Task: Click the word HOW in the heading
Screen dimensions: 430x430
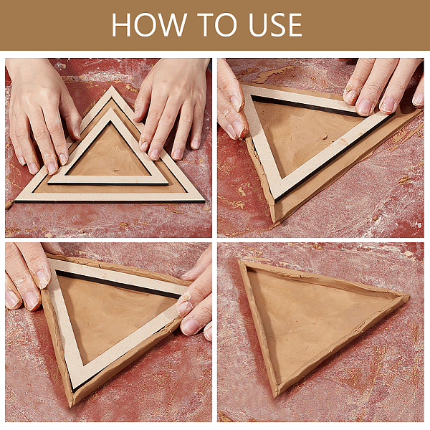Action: (x=149, y=24)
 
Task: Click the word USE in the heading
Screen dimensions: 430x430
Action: (x=275, y=24)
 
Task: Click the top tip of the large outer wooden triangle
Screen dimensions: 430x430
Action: (x=112, y=87)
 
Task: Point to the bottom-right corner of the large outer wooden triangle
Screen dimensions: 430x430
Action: (x=204, y=201)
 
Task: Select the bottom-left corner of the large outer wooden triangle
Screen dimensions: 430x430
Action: (x=16, y=201)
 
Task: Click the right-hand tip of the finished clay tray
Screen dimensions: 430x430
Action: (x=409, y=296)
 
